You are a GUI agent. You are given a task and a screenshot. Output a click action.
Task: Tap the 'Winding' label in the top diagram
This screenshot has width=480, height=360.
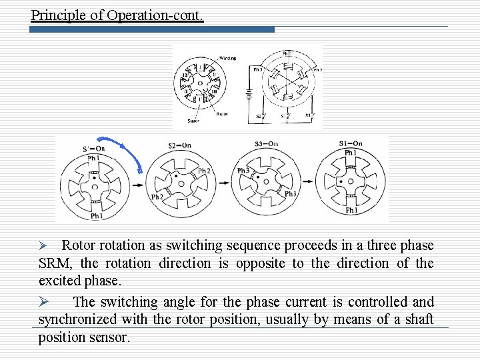click(x=227, y=59)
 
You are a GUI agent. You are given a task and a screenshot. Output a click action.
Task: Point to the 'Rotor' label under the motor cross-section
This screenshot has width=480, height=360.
click(x=222, y=114)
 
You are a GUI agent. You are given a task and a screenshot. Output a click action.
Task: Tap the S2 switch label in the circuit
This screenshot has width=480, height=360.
click(x=259, y=116)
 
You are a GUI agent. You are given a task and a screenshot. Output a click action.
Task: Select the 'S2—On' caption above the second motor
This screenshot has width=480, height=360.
click(x=180, y=145)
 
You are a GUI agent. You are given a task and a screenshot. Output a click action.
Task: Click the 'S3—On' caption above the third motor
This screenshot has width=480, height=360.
click(x=266, y=144)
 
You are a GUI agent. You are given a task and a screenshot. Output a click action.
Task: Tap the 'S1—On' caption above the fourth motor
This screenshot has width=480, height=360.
click(x=351, y=143)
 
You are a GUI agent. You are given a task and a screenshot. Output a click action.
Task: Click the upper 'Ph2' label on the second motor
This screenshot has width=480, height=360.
click(x=204, y=171)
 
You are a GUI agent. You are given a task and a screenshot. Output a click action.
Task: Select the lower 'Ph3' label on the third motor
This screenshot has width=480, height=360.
click(x=291, y=194)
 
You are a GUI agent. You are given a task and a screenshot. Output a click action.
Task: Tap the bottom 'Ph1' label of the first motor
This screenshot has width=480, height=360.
click(x=96, y=216)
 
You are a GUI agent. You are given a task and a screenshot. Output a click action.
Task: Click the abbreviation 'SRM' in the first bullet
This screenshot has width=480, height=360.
click(x=55, y=263)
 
